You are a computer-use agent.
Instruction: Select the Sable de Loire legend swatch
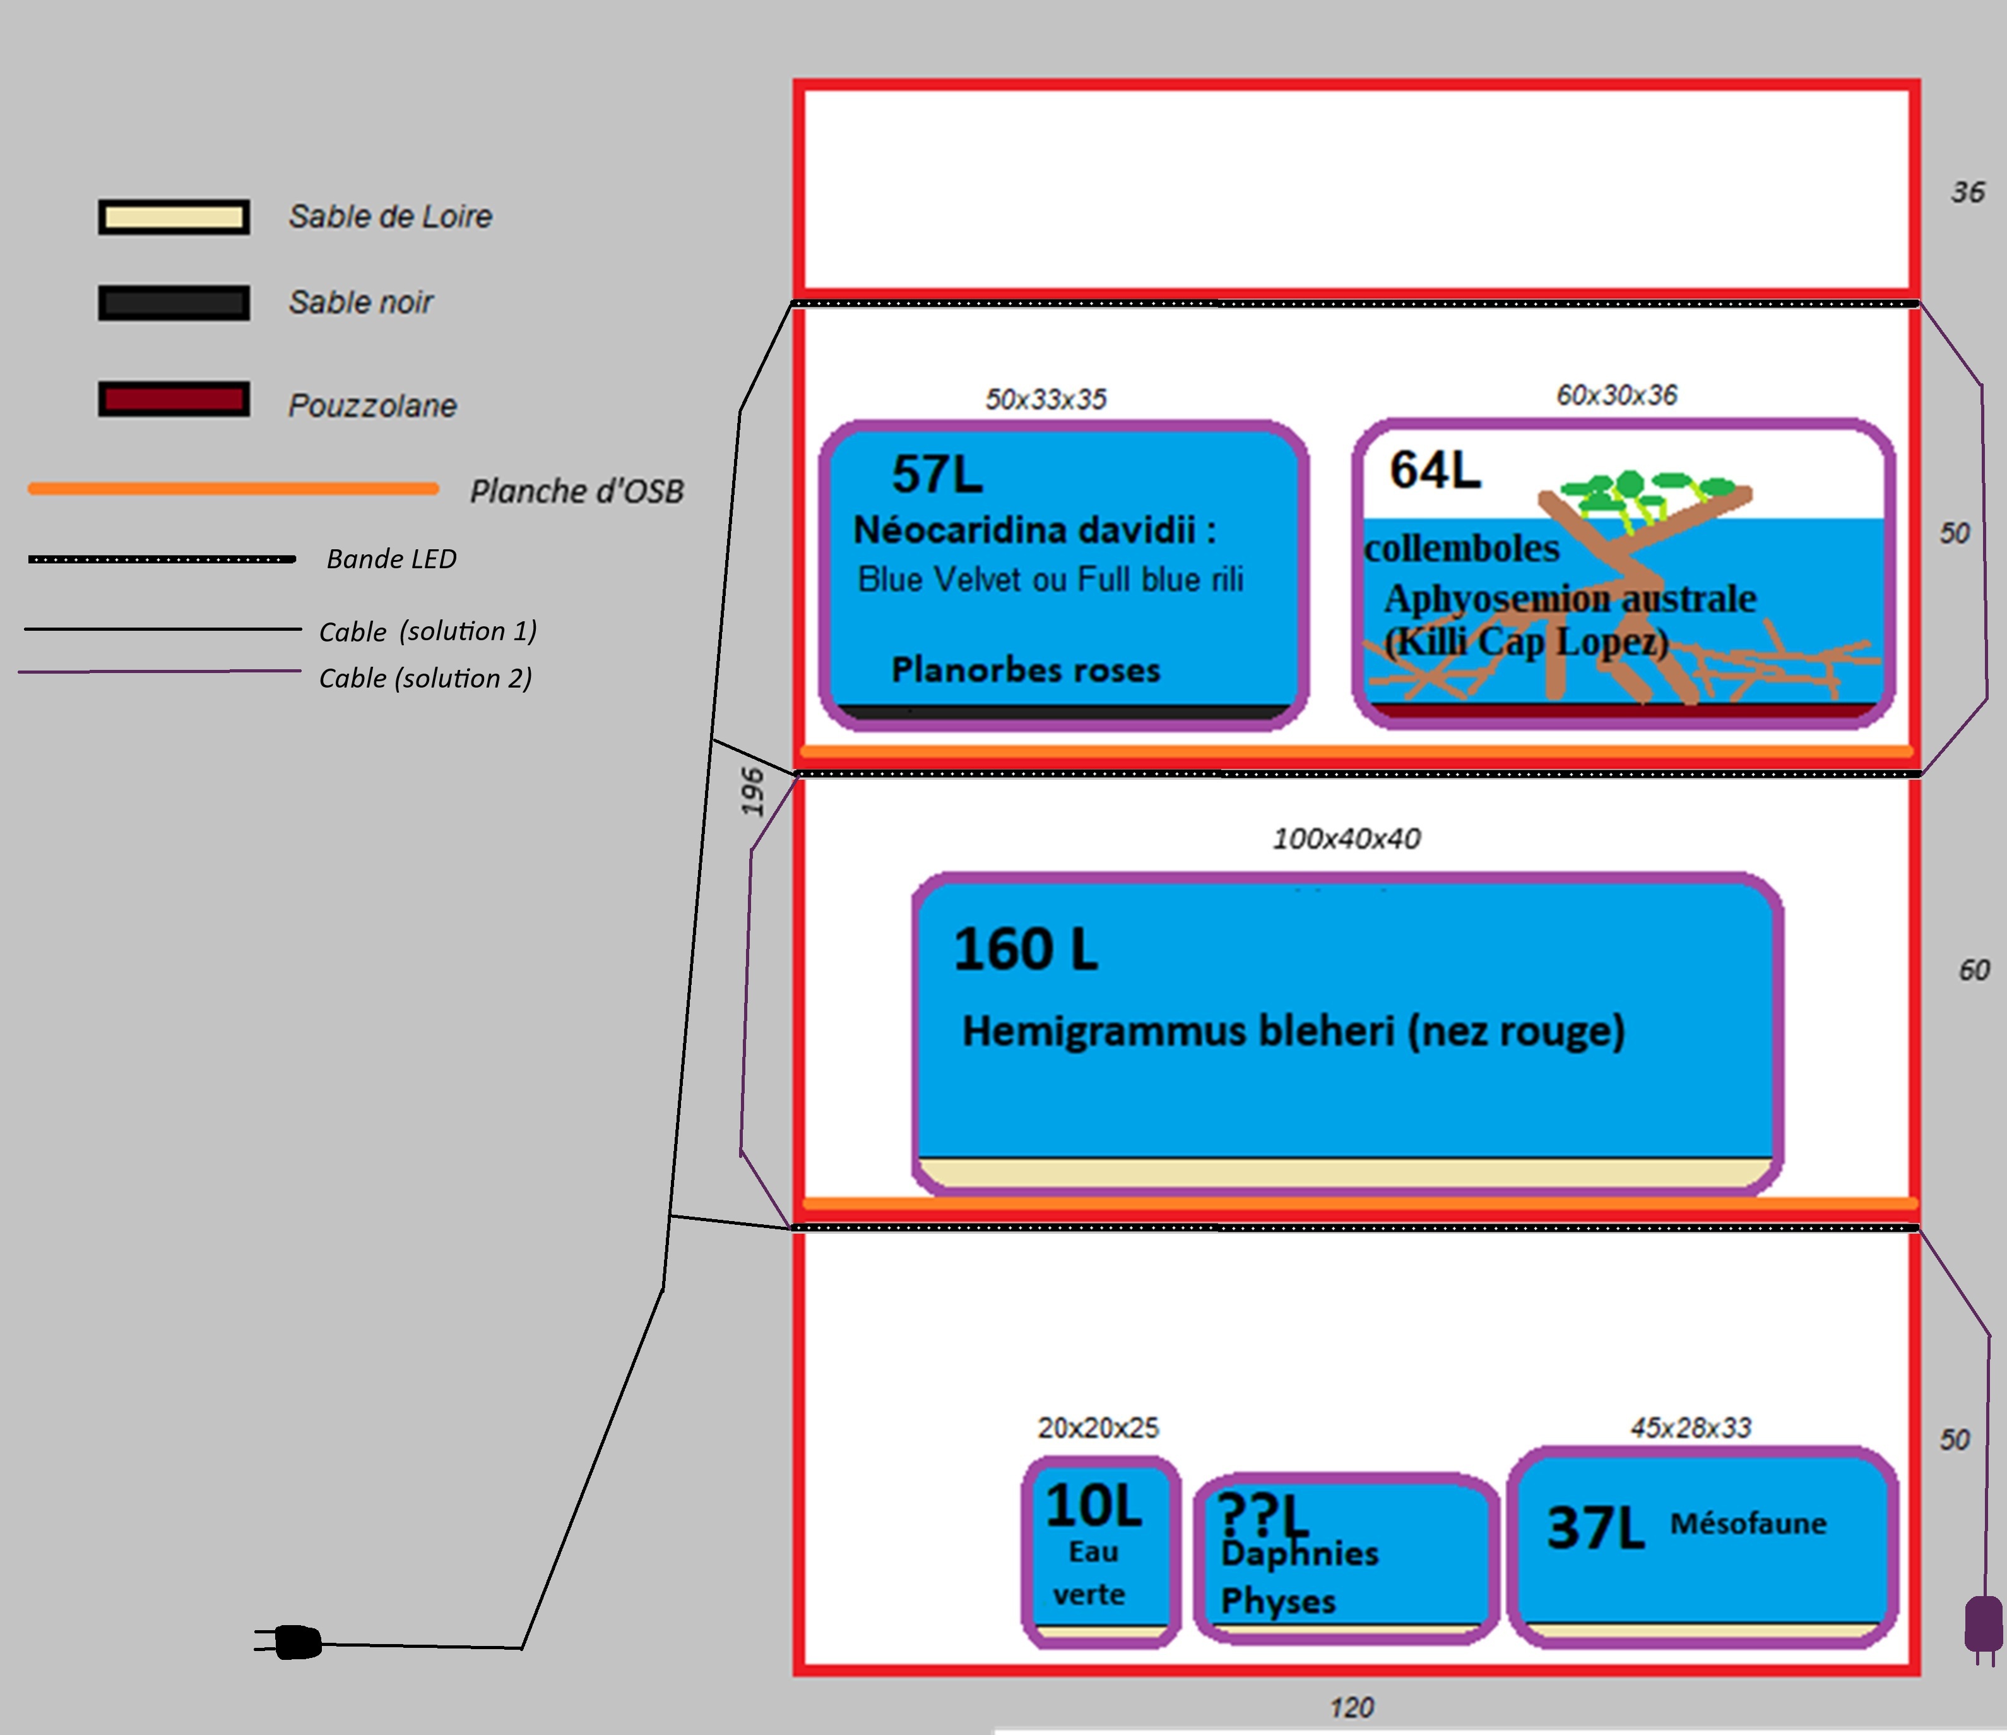174,217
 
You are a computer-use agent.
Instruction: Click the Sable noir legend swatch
174,302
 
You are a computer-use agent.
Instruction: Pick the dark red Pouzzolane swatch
174,399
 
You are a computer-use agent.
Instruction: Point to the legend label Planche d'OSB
576,492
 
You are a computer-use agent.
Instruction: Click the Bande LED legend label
391,559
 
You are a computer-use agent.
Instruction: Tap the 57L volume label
937,475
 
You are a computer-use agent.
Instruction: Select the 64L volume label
1435,471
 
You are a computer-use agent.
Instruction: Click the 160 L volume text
1026,950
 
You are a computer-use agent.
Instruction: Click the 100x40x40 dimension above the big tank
1346,839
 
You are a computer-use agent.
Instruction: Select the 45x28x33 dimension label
1690,1428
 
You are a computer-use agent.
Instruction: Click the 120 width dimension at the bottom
1351,1707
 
